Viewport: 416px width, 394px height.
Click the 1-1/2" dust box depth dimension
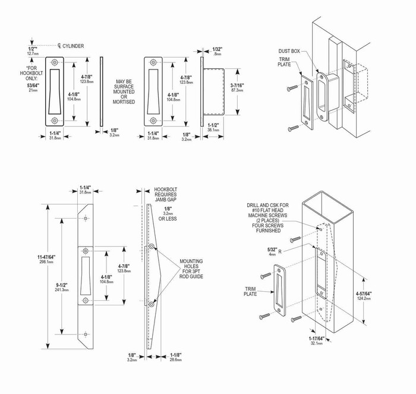pos(213,127)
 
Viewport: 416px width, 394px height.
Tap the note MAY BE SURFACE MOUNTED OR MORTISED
pos(124,90)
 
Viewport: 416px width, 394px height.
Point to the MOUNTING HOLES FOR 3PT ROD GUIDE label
pos(196,268)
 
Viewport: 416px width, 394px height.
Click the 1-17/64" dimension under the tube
pos(316,341)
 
